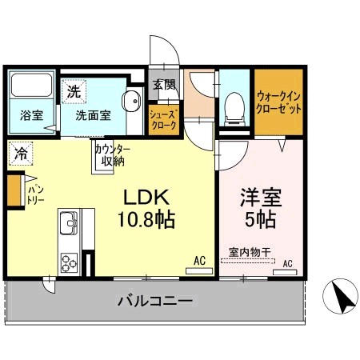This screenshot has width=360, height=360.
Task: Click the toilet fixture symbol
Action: pos(234,109)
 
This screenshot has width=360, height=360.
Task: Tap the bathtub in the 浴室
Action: pos(31,85)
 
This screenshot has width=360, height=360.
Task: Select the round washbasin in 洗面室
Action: pos(131,101)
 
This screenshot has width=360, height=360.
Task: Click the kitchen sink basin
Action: pos(69,222)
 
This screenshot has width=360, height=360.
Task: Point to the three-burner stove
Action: pos(69,263)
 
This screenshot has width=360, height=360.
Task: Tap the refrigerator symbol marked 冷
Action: pos(21,154)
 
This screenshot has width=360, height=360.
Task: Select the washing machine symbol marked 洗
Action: pos(74,91)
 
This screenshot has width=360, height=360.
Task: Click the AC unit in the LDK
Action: pos(199,271)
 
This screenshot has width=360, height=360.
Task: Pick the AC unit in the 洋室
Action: pos(285,272)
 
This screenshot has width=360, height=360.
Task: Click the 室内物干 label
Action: pos(250,252)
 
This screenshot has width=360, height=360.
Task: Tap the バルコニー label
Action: pos(155,301)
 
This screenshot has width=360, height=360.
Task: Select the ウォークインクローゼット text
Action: pos(278,102)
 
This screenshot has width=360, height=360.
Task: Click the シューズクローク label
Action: pos(163,120)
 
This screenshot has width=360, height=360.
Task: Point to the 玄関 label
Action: pos(164,85)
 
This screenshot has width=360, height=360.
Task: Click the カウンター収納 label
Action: pos(113,155)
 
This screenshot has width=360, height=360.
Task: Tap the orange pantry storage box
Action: pos(14,190)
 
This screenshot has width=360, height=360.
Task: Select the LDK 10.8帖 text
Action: pos(146,209)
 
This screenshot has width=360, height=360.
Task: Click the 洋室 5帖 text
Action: pos(261,208)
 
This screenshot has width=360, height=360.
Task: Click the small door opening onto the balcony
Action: pos(50,285)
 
